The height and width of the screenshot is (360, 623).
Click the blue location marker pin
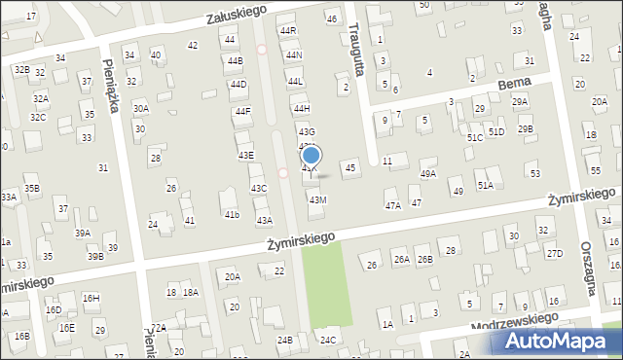(x=311, y=156)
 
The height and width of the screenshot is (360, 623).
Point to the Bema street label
(x=513, y=86)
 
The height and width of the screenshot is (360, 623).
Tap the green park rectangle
(x=323, y=287)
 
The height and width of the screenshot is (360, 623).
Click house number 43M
(x=317, y=199)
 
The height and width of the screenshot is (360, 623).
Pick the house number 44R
(x=288, y=31)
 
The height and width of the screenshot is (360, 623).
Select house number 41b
(x=232, y=214)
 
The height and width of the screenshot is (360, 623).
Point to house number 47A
(x=392, y=205)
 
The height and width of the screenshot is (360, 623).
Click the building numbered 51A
(x=485, y=184)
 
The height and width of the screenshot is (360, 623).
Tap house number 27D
(x=554, y=254)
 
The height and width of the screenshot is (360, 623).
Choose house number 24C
(x=329, y=340)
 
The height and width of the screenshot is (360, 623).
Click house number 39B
(x=95, y=256)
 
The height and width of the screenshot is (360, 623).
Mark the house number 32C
(x=37, y=117)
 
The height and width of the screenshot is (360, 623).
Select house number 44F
(x=243, y=111)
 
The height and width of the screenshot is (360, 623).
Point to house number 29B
(x=526, y=128)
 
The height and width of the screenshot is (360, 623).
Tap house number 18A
(x=191, y=292)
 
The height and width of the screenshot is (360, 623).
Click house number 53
(x=535, y=172)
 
